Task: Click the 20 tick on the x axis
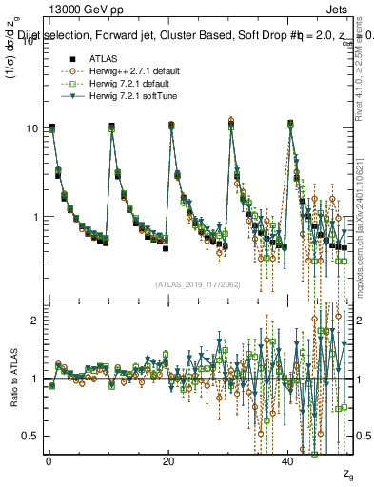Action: pyautogui.click(x=168, y=461)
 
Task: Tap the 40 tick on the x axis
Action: pyautogui.click(x=289, y=461)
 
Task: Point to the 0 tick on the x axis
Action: pyautogui.click(x=48, y=461)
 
